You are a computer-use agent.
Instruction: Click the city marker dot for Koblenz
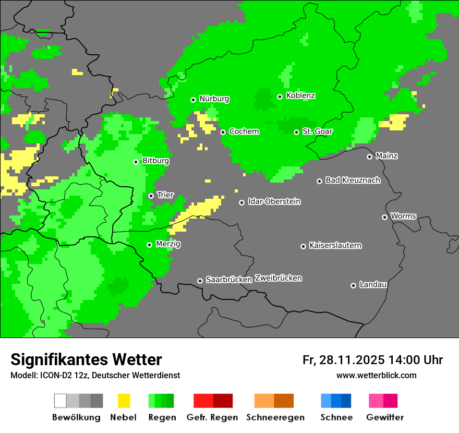coord(280,97)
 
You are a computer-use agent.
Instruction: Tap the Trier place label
coord(165,195)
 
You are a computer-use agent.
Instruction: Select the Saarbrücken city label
coord(229,280)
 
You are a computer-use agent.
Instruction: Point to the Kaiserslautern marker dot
coord(303,246)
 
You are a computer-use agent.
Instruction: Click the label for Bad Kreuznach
coord(353,180)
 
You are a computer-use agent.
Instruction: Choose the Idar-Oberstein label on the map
coord(274,201)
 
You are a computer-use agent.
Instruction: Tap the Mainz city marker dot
coord(369,157)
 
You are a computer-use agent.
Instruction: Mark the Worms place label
coord(403,216)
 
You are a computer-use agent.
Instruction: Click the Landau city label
coord(373,284)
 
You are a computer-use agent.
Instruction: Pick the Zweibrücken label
coord(278,278)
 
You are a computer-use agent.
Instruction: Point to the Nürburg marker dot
coord(193,100)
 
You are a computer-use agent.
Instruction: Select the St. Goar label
coord(317,131)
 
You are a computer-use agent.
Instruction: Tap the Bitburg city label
coord(155,161)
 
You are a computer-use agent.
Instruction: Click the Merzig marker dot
coord(149,245)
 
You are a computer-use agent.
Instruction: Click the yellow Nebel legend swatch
coord(124,401)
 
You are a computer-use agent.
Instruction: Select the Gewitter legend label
coord(385,417)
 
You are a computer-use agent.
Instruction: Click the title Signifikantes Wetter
coord(86,359)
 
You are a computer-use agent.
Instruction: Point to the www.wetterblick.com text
coord(376,375)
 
